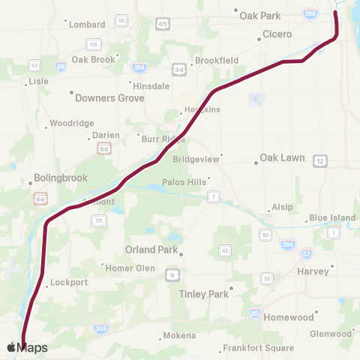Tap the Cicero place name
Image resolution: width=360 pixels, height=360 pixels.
click(x=277, y=34)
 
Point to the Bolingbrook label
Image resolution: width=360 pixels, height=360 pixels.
click(x=61, y=178)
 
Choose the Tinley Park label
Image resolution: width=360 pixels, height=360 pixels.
click(x=203, y=294)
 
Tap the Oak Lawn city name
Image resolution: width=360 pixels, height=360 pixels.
click(x=279, y=158)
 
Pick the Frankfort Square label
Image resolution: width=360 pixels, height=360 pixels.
click(x=258, y=349)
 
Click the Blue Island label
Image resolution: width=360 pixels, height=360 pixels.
click(x=332, y=218)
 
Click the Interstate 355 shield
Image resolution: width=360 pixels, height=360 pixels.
click(x=100, y=328)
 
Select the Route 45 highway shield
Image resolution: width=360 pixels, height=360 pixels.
click(x=163, y=25)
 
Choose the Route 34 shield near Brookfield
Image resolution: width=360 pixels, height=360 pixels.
click(x=179, y=70)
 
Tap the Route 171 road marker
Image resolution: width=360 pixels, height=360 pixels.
click(x=98, y=220)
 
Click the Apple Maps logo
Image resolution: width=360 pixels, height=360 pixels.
click(x=27, y=347)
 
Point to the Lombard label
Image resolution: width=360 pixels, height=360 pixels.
click(x=87, y=24)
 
